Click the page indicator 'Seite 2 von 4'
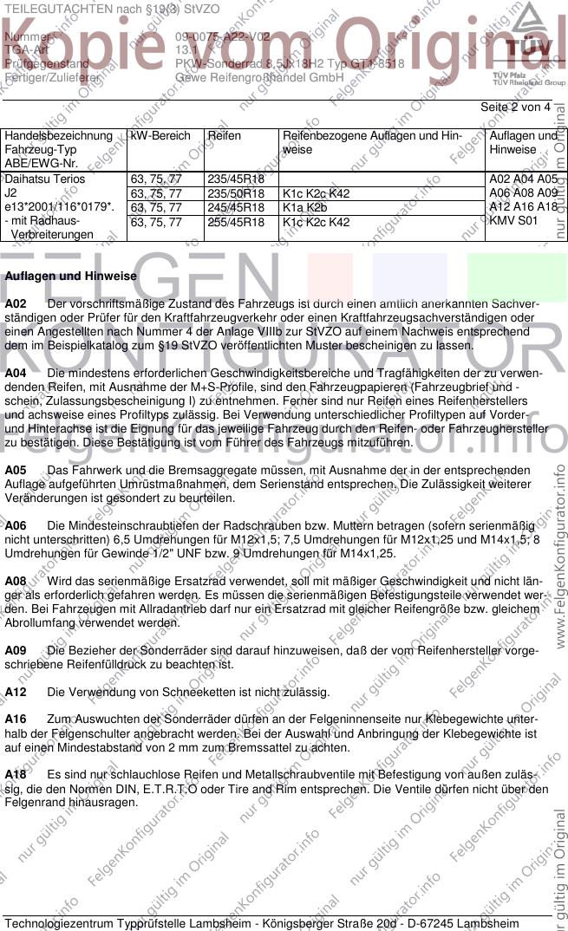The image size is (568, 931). (x=515, y=107)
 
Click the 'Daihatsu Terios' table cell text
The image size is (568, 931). (x=45, y=179)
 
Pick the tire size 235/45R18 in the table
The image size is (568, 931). (x=235, y=179)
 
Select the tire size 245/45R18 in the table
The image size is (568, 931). (x=235, y=208)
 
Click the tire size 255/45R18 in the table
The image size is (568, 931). (x=235, y=222)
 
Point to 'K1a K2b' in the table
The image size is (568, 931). (x=304, y=208)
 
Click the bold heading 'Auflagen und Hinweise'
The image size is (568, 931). (x=71, y=276)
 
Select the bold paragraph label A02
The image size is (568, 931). (x=16, y=303)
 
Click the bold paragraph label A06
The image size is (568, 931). (x=16, y=525)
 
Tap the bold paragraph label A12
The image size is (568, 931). (x=16, y=692)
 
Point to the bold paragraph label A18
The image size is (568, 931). (x=16, y=774)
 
